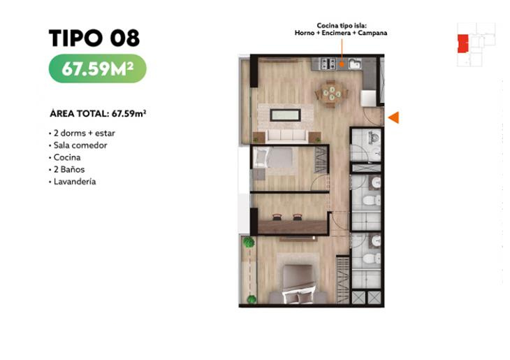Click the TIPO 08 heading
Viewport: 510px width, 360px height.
click(x=94, y=38)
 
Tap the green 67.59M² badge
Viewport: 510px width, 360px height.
click(x=98, y=69)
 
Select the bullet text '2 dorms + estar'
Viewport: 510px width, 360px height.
click(x=85, y=133)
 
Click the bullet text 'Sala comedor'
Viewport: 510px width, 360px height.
click(x=80, y=145)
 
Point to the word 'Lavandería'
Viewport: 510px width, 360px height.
click(x=75, y=182)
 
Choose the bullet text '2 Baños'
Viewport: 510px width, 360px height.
click(x=69, y=169)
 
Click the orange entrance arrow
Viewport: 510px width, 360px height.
click(x=393, y=117)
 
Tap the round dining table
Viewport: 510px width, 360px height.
click(x=331, y=94)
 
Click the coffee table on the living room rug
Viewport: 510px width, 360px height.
click(x=286, y=115)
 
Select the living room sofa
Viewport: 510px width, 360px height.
click(x=287, y=136)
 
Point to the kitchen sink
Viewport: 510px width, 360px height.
click(x=355, y=64)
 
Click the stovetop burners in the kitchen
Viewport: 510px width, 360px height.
click(x=328, y=64)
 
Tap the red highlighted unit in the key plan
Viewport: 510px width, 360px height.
click(x=462, y=43)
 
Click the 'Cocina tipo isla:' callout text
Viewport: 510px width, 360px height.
click(x=342, y=26)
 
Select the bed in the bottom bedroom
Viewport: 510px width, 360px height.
click(x=298, y=285)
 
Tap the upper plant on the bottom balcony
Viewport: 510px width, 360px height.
click(x=249, y=242)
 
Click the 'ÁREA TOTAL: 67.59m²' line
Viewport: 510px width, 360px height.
click(x=98, y=113)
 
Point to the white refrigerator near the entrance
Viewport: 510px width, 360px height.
click(x=369, y=98)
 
